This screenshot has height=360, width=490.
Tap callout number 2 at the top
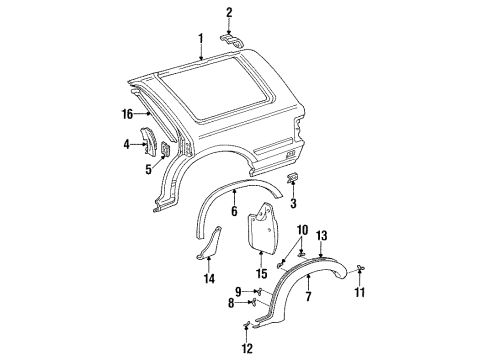point(228,12)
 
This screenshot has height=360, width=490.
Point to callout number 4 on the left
point(126,145)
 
